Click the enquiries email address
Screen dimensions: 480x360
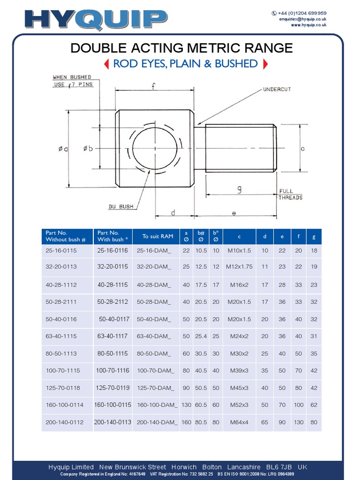click(303, 19)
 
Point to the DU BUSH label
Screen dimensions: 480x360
click(121, 207)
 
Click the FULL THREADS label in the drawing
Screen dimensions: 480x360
click(291, 195)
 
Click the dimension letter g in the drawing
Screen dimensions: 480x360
click(239, 189)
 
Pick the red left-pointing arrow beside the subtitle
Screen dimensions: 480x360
click(106, 64)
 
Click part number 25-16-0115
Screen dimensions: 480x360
click(61, 251)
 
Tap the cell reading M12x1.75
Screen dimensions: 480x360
click(239, 267)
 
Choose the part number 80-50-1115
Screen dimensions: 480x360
click(112, 353)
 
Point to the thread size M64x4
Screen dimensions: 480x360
click(239, 422)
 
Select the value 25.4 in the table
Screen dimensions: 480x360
click(201, 337)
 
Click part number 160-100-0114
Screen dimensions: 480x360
click(64, 405)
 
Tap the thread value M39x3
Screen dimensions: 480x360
click(239, 371)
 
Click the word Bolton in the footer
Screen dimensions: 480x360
click(212, 467)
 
